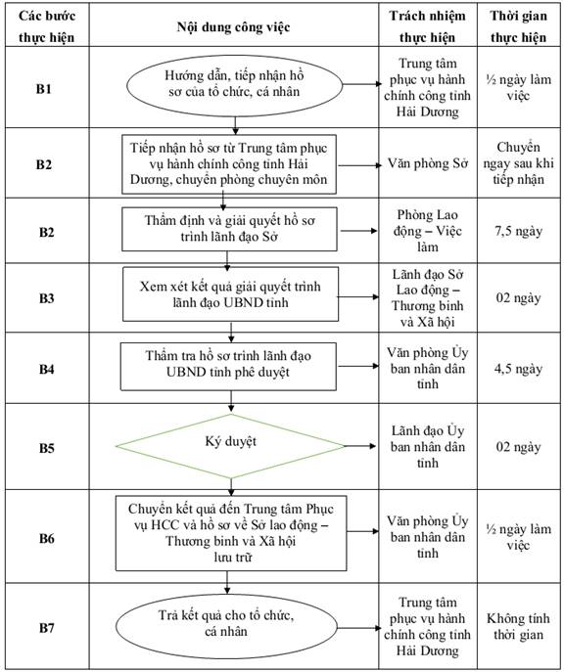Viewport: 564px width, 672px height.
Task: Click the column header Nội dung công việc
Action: pyautogui.click(x=234, y=27)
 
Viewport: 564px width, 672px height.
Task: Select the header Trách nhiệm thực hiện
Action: pyautogui.click(x=427, y=26)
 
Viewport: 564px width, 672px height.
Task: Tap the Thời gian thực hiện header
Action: pyautogui.click(x=519, y=26)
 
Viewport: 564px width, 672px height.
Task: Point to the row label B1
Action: pyautogui.click(x=43, y=89)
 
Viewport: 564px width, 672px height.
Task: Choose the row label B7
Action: pyautogui.click(x=47, y=628)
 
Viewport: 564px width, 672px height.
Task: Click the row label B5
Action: pyautogui.click(x=47, y=448)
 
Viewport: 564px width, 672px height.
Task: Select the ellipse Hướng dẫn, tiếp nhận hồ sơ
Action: pyautogui.click(x=235, y=86)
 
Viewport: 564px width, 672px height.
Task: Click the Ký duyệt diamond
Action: pyautogui.click(x=230, y=446)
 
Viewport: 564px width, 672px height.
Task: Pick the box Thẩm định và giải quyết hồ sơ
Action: pyautogui.click(x=229, y=229)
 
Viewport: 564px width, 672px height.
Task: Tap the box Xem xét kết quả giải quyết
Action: pyautogui.click(x=230, y=294)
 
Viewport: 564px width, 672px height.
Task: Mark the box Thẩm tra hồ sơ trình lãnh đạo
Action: pyautogui.click(x=228, y=366)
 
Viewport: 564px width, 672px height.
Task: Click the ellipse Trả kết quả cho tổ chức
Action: pyautogui.click(x=226, y=627)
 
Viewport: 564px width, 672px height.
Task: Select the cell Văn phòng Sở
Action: pyautogui.click(x=428, y=163)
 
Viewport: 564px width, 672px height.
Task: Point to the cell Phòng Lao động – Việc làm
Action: pyautogui.click(x=428, y=231)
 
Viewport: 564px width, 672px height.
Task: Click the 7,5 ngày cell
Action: pyautogui.click(x=519, y=231)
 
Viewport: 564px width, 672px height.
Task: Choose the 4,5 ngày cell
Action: pyautogui.click(x=519, y=369)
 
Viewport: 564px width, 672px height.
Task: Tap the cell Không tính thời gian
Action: pyautogui.click(x=518, y=627)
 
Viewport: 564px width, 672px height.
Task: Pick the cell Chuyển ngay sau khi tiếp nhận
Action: pyautogui.click(x=519, y=163)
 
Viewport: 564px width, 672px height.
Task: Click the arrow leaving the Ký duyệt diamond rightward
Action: pyautogui.click(x=360, y=446)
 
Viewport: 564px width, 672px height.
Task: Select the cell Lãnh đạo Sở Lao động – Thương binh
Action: pyautogui.click(x=428, y=298)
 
